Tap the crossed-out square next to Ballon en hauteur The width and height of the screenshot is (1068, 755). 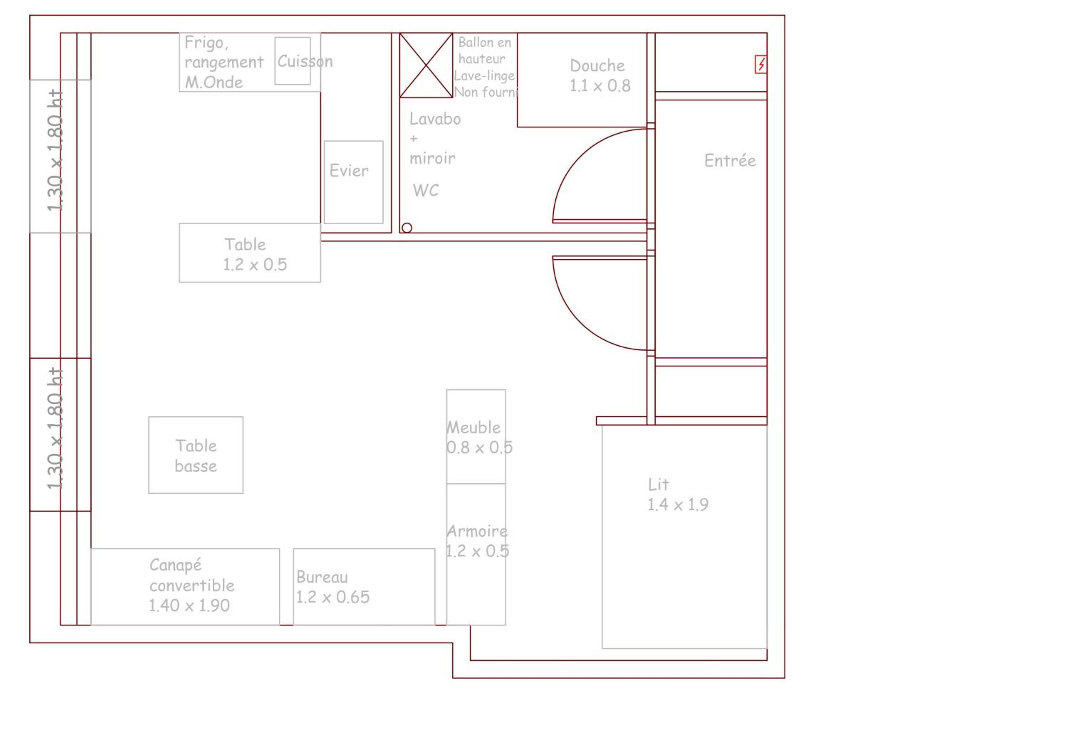(x=426, y=65)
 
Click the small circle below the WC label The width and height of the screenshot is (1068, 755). (x=407, y=228)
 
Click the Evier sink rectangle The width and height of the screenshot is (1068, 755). (x=354, y=182)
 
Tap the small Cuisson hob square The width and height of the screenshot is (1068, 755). (x=293, y=61)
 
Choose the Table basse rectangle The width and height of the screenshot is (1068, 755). (x=196, y=455)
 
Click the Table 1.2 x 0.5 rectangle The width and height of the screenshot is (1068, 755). (x=250, y=253)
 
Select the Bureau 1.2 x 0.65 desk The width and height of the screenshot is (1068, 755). (x=364, y=587)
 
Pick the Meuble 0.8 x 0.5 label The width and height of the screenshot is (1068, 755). (x=479, y=437)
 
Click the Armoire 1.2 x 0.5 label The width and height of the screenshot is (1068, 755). (x=477, y=541)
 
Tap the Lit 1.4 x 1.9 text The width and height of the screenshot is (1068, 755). (x=678, y=494)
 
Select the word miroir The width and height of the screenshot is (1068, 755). (x=432, y=158)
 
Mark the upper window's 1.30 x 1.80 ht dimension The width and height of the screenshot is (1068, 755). (x=55, y=150)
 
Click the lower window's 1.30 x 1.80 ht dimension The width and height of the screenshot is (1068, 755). (x=55, y=428)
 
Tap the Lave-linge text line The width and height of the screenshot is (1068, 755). (x=484, y=75)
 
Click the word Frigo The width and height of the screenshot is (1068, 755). (x=206, y=43)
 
